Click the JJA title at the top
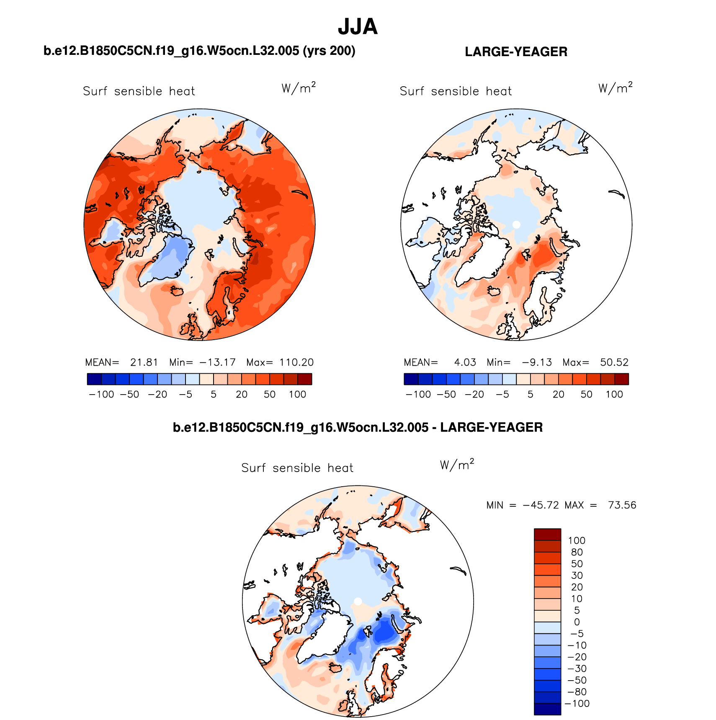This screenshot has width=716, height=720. coord(358,27)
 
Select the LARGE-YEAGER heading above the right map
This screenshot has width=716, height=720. coord(516,52)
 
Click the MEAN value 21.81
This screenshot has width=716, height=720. coord(144,362)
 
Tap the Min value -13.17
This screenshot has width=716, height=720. coord(218,362)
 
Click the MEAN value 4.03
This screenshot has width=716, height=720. coord(465,362)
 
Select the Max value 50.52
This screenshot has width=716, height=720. coord(614,362)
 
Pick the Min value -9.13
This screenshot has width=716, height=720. coord(537,362)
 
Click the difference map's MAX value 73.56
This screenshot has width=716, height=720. coord(622,505)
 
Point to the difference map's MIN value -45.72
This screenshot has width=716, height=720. coord(541,505)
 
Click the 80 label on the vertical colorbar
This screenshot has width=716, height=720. coord(577,552)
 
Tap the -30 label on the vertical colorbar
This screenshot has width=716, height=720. coord(577,668)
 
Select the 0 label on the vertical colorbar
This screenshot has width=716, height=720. coord(577,622)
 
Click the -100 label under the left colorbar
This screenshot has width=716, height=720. coord(102,395)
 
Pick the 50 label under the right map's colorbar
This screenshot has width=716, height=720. coord(586,395)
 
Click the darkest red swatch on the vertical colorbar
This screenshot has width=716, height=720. coord(547,534)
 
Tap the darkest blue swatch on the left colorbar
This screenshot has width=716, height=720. coord(94,379)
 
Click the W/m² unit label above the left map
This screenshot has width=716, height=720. coord(298,88)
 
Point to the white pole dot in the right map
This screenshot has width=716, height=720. coord(516,225)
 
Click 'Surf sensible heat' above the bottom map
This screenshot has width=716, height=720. coord(297,468)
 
